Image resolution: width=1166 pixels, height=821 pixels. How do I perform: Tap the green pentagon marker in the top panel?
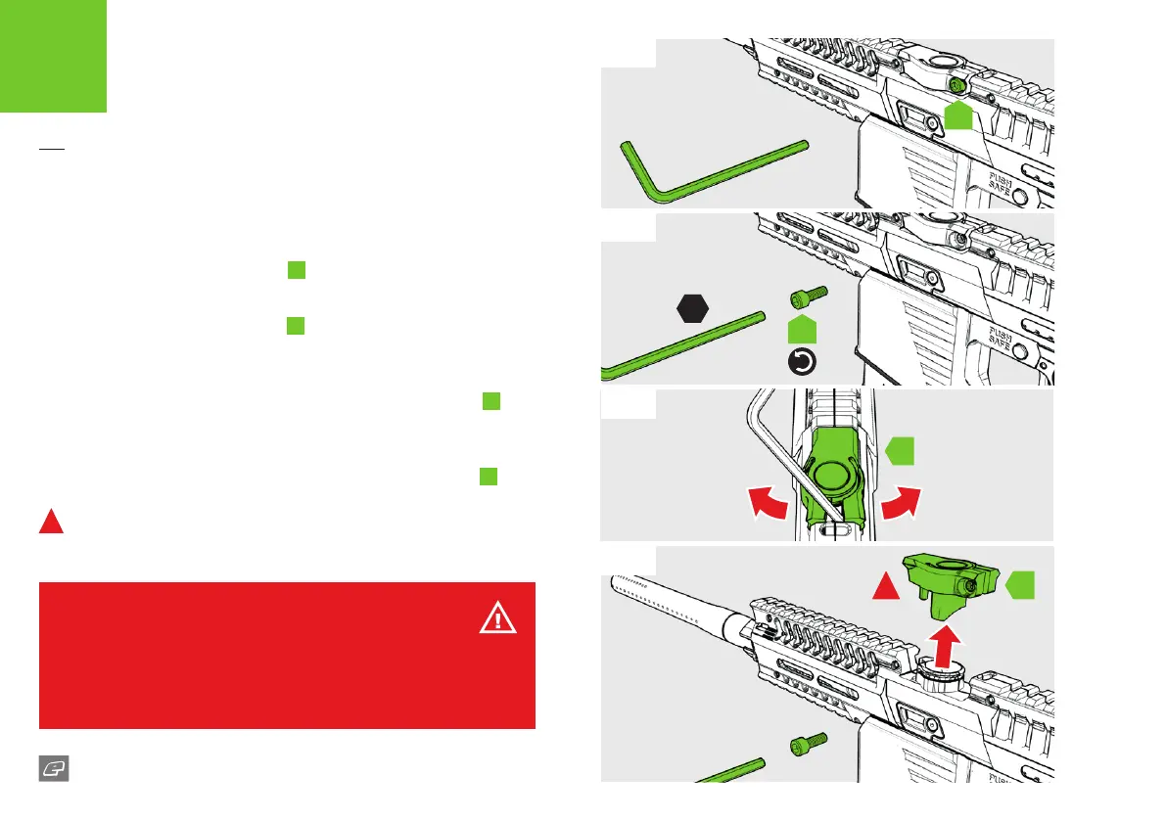[x=960, y=114]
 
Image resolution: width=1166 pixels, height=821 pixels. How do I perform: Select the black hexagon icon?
[x=693, y=308]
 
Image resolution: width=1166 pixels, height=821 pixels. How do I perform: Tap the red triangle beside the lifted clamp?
[x=885, y=587]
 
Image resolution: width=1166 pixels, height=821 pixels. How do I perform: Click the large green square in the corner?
[x=53, y=56]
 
